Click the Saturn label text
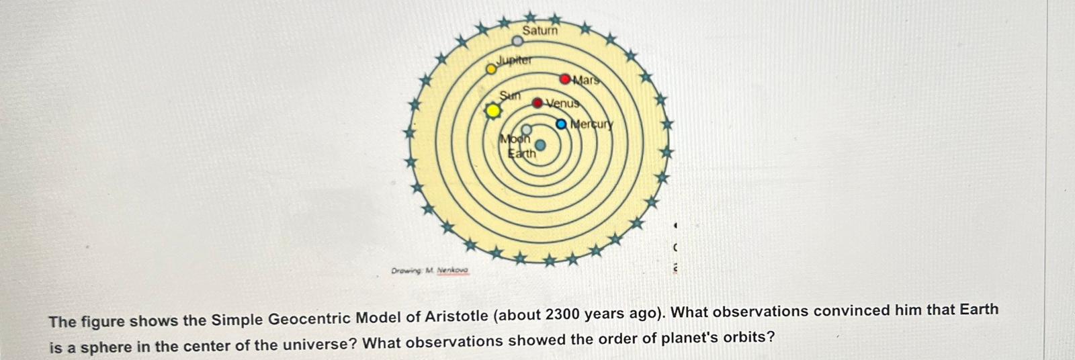click(x=540, y=30)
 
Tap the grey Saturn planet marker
click(x=517, y=42)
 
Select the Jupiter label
click(x=514, y=60)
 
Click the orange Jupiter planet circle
click(x=492, y=68)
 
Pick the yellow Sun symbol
click(x=493, y=111)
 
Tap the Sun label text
click(x=510, y=95)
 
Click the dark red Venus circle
click(x=537, y=103)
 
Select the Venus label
click(x=562, y=103)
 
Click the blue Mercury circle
click(x=562, y=124)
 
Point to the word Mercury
click(x=592, y=124)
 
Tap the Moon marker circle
click(x=527, y=130)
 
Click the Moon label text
click(x=515, y=140)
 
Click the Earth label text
click(x=522, y=154)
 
